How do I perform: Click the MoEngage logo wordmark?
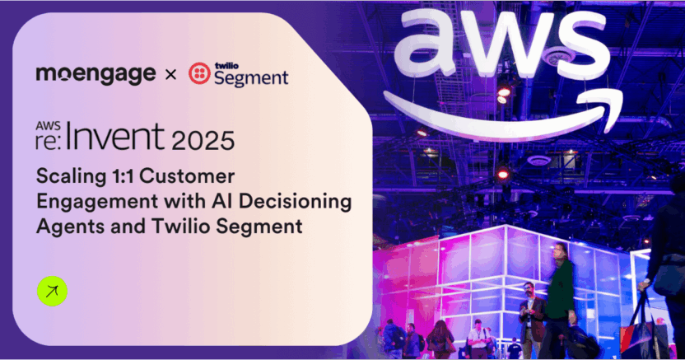pyautogui.click(x=96, y=74)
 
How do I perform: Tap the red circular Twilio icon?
pyautogui.click(x=198, y=74)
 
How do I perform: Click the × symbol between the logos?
pyautogui.click(x=170, y=75)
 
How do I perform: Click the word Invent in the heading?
pyautogui.click(x=123, y=137)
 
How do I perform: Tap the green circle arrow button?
pyautogui.click(x=52, y=292)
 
